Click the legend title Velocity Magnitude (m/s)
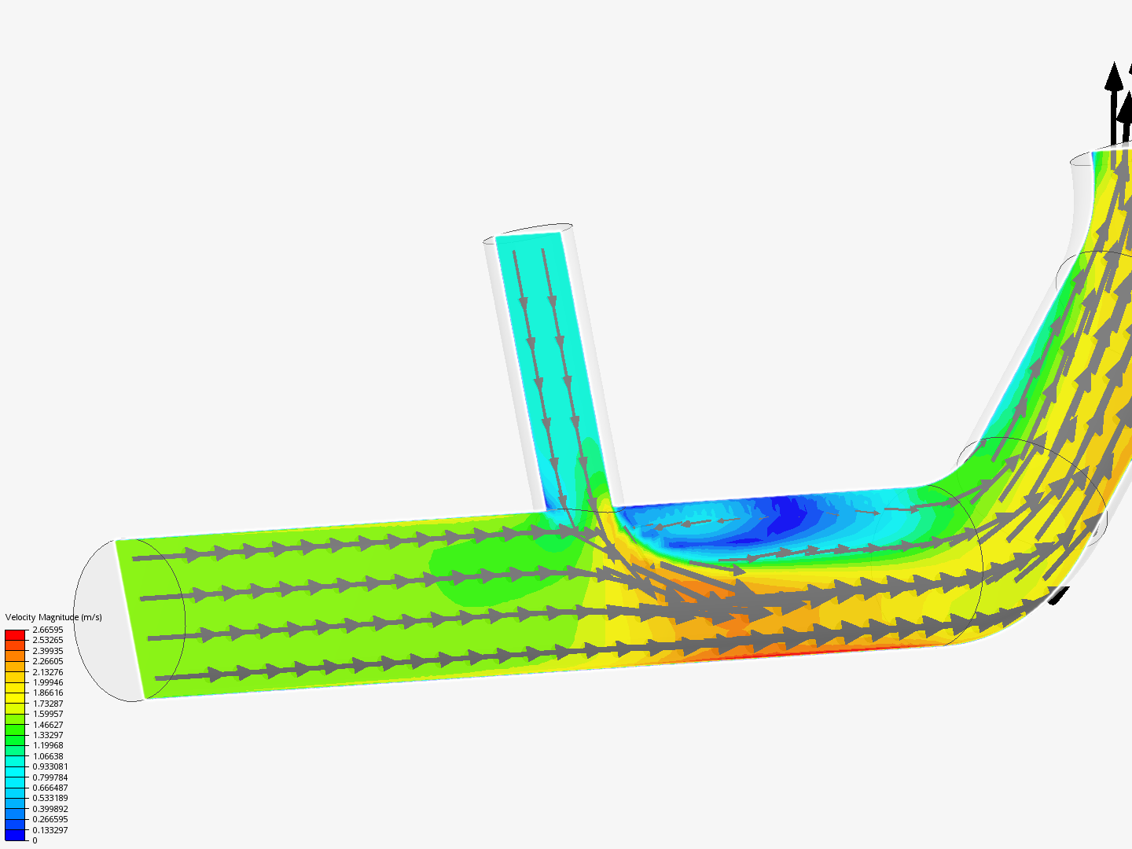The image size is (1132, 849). [x=53, y=617]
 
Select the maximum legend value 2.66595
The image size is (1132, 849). [x=47, y=630]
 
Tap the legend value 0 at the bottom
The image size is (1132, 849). [x=35, y=840]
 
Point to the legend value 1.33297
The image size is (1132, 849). [x=47, y=735]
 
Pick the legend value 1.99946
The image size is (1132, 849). [x=47, y=682]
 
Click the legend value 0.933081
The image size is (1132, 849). [x=50, y=766]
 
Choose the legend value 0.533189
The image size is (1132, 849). [x=50, y=798]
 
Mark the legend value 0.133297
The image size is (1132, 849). [x=50, y=830]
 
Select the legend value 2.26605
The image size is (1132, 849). [x=47, y=661]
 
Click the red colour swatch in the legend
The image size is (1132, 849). [x=16, y=634]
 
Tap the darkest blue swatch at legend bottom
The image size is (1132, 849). [x=16, y=835]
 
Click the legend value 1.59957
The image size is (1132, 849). [x=47, y=714]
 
